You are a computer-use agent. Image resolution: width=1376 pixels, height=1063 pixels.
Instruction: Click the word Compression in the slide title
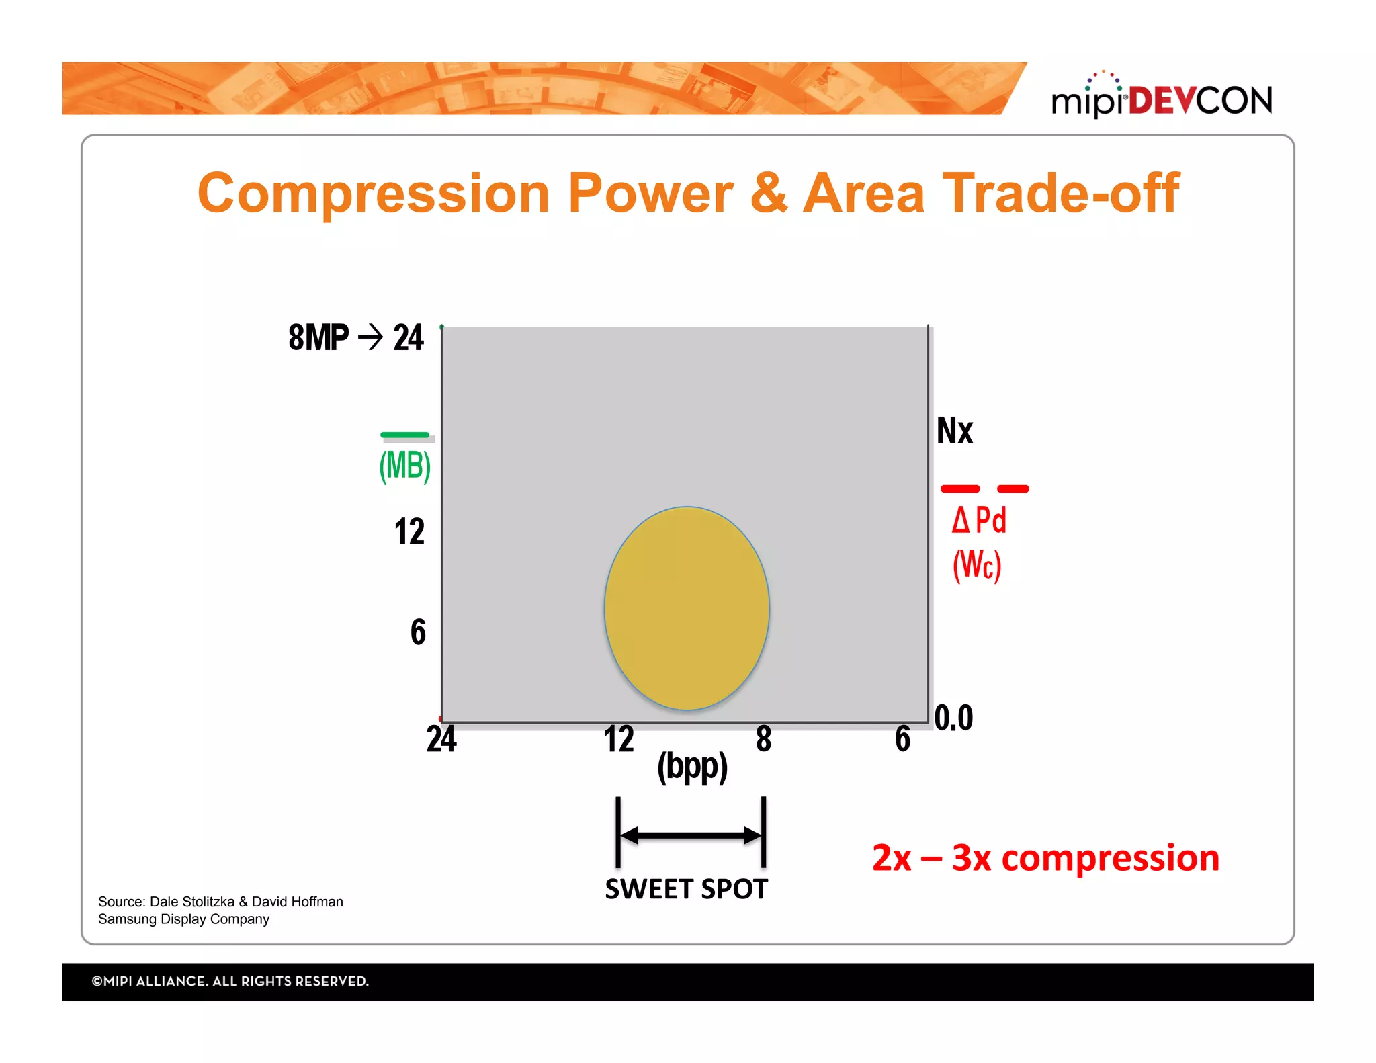pyautogui.click(x=373, y=194)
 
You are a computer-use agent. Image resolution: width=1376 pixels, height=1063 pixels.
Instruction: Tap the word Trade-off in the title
pyautogui.click(x=1060, y=194)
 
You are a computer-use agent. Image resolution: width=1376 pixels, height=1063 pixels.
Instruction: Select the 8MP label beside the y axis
pyautogui.click(x=318, y=337)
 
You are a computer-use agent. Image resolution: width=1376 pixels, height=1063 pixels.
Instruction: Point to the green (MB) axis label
pyautogui.click(x=405, y=465)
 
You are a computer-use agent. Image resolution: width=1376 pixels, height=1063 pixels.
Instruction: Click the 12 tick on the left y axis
pyautogui.click(x=409, y=531)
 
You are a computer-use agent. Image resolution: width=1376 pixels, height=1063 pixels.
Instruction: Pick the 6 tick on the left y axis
pyautogui.click(x=418, y=632)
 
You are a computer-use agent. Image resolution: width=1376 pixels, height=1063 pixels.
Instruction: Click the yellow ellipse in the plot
pyautogui.click(x=687, y=608)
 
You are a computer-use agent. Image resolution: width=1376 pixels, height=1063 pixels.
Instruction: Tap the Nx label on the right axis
pyautogui.click(x=954, y=431)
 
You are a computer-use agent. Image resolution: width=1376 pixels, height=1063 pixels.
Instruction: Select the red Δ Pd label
pyautogui.click(x=979, y=520)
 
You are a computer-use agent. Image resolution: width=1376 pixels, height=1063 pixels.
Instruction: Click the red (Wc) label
pyautogui.click(x=977, y=564)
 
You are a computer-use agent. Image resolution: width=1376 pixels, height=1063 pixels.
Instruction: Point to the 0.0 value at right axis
pyautogui.click(x=953, y=718)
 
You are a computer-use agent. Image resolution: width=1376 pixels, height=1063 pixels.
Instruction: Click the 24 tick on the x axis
pyautogui.click(x=441, y=739)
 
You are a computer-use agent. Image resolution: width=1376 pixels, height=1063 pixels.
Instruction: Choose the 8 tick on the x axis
pyautogui.click(x=763, y=739)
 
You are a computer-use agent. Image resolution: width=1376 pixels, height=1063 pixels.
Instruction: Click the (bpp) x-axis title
pyautogui.click(x=692, y=767)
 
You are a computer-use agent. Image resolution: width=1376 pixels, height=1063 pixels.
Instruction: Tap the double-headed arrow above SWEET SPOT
pyautogui.click(x=691, y=835)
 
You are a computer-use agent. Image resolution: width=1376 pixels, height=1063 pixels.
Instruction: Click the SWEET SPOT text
pyautogui.click(x=686, y=889)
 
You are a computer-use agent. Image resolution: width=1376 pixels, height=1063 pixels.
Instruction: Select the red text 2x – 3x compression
pyautogui.click(x=1045, y=858)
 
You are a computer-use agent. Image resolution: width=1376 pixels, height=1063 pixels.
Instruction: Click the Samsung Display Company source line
pyautogui.click(x=183, y=919)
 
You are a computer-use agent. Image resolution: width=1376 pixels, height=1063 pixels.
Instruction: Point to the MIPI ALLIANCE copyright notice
pyautogui.click(x=230, y=981)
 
